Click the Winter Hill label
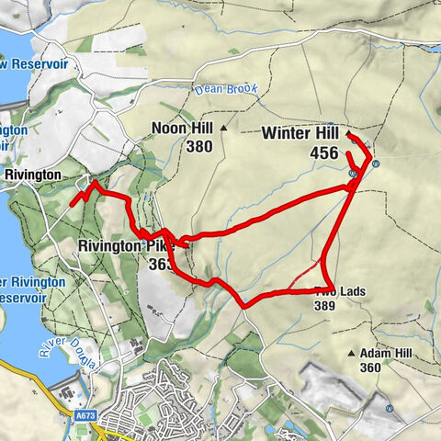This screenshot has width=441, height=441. (x=300, y=133)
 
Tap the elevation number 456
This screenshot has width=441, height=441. (x=324, y=153)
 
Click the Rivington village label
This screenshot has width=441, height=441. (x=32, y=175)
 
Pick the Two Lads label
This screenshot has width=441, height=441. (x=341, y=292)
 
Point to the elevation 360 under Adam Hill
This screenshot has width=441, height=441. (x=370, y=368)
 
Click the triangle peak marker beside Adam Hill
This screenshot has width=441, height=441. (x=351, y=354)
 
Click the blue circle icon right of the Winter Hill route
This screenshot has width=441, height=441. (x=376, y=164)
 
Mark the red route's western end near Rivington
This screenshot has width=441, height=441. (x=72, y=204)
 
